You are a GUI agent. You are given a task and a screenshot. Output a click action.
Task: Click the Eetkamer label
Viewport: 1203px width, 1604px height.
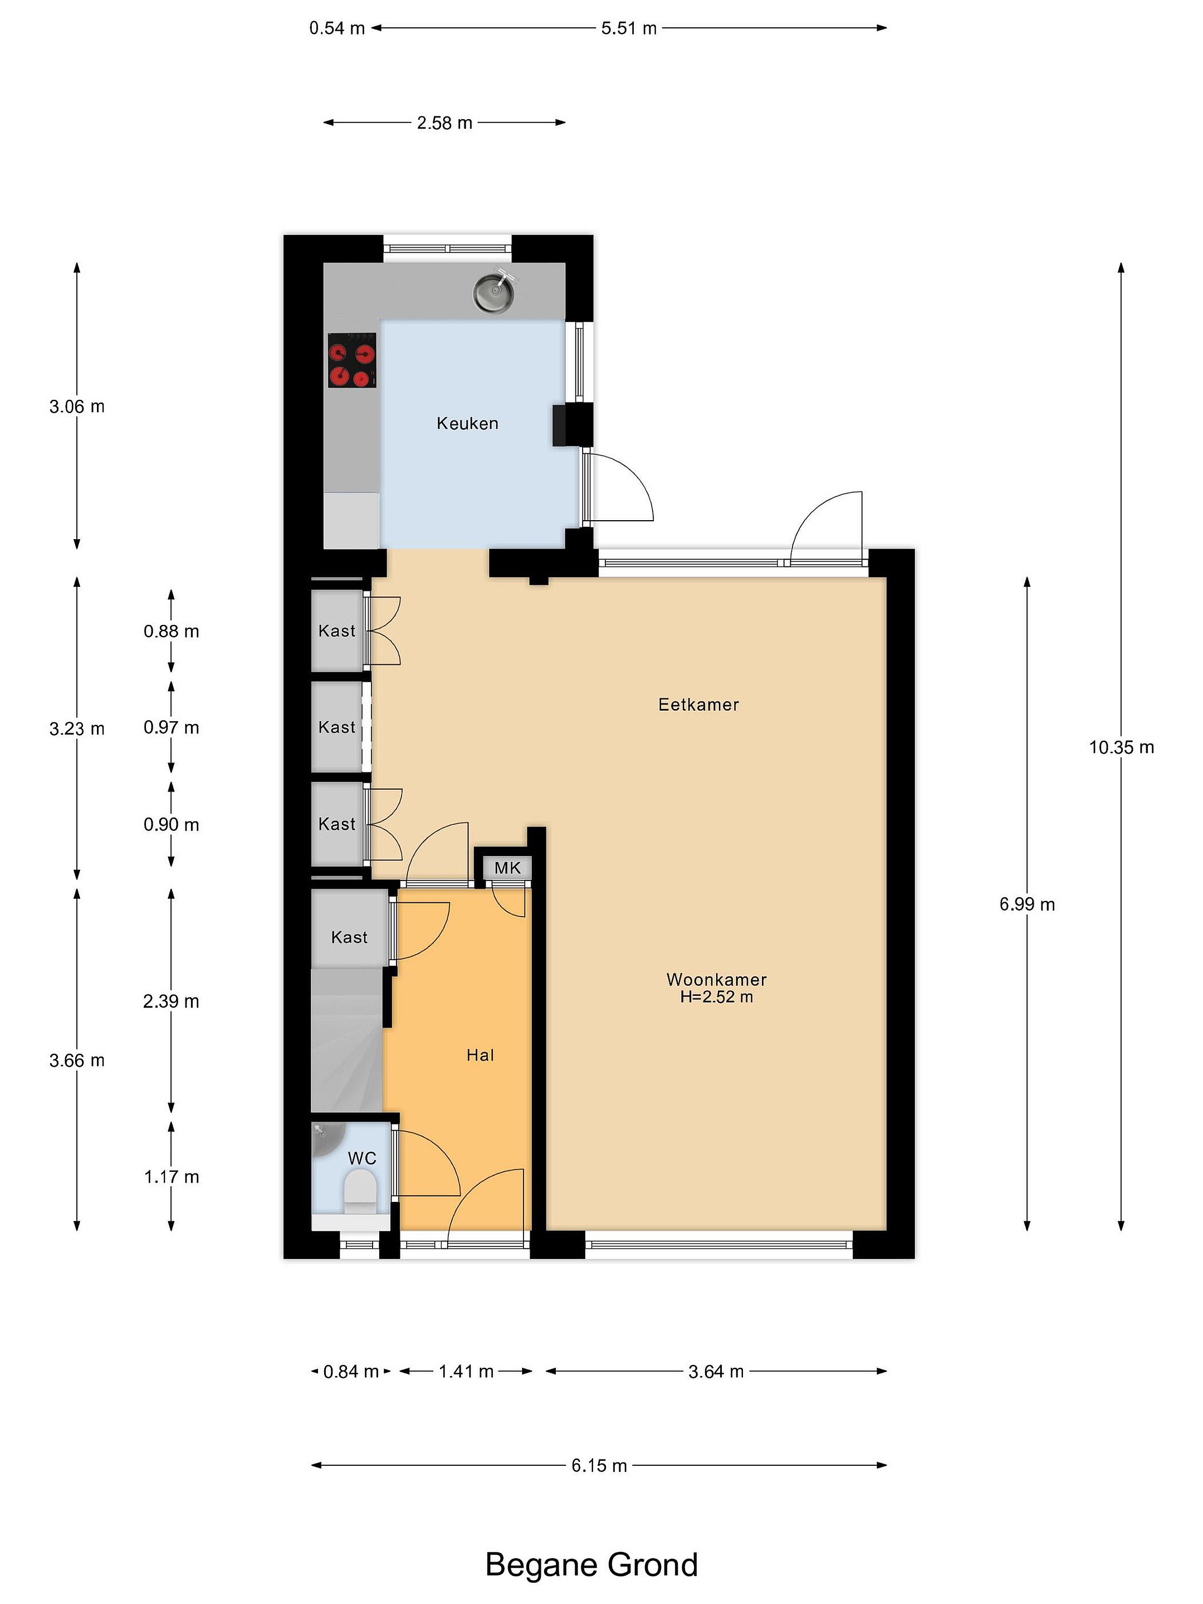(x=699, y=705)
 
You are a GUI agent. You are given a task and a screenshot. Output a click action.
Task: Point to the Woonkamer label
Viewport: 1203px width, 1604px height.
(x=716, y=980)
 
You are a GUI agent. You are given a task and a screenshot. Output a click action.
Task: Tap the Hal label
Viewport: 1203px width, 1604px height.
(x=480, y=1055)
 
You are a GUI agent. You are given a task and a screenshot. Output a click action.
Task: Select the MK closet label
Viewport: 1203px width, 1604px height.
(x=507, y=868)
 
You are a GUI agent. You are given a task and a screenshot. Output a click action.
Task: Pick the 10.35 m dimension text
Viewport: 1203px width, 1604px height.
(x=1121, y=747)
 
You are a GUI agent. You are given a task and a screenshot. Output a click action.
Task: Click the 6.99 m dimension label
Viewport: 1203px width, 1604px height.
(x=1027, y=904)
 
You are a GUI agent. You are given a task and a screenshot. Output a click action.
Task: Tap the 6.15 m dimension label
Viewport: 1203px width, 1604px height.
(x=599, y=1465)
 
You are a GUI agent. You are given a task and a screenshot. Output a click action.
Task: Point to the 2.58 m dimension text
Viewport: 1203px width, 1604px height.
(x=444, y=123)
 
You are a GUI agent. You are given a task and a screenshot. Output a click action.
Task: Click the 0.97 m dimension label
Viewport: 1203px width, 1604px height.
(x=171, y=727)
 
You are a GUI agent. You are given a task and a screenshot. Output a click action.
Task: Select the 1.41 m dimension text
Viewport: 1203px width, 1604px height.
(x=466, y=1371)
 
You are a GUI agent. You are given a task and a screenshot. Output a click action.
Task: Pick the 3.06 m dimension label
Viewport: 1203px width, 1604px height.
(x=77, y=407)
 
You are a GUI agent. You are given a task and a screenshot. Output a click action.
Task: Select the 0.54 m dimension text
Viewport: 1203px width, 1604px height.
(x=337, y=29)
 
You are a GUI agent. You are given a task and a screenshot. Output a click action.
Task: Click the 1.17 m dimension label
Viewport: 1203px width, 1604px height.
(x=171, y=1177)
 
